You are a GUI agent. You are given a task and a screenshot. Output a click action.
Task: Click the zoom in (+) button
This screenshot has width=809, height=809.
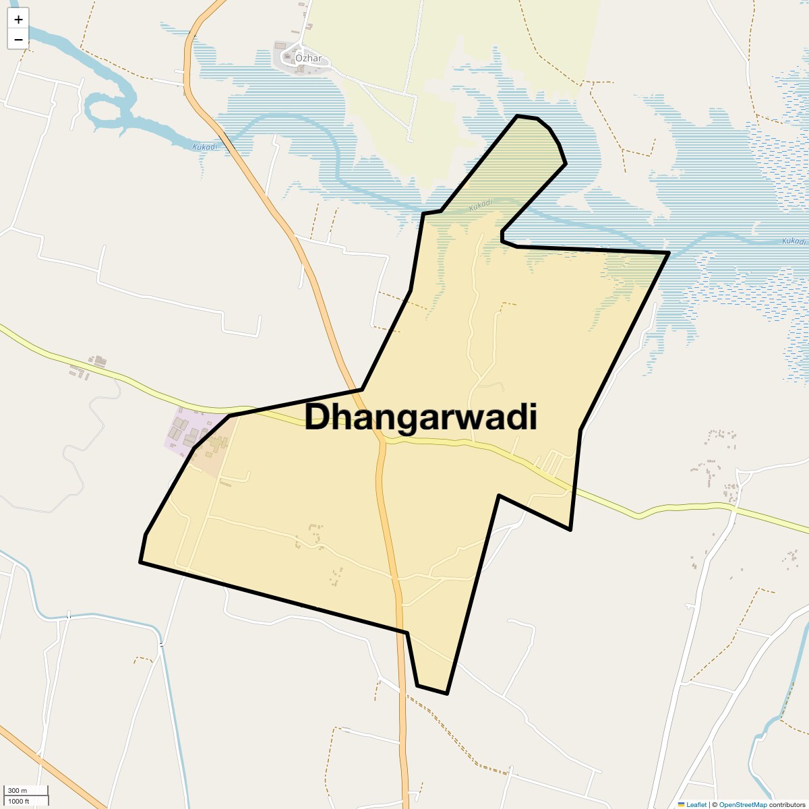[18, 20]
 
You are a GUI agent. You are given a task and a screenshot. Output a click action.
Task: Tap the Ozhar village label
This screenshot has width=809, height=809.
[309, 58]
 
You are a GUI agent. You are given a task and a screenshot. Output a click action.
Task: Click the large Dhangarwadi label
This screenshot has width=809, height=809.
[421, 417]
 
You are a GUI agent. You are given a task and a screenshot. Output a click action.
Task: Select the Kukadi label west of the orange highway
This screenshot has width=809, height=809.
[204, 147]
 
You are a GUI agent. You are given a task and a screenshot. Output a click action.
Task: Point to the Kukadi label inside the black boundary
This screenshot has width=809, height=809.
[481, 204]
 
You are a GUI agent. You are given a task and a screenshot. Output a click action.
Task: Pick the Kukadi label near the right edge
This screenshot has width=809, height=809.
[793, 241]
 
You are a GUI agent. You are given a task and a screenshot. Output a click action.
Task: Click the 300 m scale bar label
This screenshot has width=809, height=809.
[18, 790]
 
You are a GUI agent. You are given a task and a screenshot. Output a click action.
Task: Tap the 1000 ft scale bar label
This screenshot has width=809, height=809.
[19, 801]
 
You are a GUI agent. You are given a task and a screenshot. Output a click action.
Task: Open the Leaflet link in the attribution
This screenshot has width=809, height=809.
[696, 804]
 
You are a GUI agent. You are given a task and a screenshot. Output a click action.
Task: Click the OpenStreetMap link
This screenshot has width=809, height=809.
[742, 804]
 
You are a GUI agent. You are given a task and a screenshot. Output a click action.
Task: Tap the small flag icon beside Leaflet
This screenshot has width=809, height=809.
[682, 804]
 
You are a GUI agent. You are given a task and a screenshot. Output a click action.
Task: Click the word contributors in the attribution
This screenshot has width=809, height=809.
[787, 804]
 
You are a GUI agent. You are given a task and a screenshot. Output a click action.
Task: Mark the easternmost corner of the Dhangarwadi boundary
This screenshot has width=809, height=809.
[669, 253]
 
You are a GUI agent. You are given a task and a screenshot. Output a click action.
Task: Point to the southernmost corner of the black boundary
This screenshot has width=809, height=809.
[447, 693]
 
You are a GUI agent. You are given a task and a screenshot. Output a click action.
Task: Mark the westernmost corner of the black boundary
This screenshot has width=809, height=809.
[140, 562]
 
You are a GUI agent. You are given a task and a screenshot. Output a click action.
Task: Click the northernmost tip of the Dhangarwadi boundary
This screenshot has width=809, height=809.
[518, 116]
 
